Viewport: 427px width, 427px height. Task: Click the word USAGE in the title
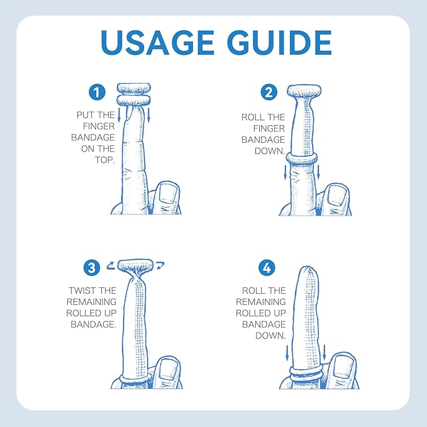coord(157,43)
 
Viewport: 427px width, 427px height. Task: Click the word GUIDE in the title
coord(279,43)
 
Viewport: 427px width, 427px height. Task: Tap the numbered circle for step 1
coord(97,92)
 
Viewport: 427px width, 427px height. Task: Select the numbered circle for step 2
coord(269,92)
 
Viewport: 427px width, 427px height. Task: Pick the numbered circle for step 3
coord(92,267)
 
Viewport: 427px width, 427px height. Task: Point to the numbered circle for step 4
coord(267,267)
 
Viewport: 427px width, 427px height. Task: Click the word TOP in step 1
coord(104,160)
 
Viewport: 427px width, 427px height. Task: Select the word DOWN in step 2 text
coord(269,151)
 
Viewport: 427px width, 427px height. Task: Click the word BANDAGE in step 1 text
coord(93,137)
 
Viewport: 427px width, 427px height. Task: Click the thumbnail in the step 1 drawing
coord(168,193)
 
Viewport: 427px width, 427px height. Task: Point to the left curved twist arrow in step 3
coord(111,265)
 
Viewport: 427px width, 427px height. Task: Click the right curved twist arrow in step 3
coord(160,265)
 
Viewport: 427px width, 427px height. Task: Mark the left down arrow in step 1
coord(119,115)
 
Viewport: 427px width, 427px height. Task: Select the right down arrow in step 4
coord(324,352)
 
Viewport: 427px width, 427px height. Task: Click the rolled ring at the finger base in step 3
coord(135,379)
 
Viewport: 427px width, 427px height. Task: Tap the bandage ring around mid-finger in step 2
coord(301,158)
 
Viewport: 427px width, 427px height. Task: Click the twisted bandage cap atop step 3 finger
coord(136,266)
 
